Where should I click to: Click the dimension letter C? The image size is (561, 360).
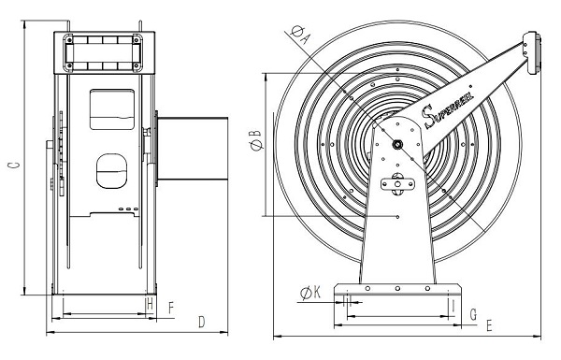point(14,165)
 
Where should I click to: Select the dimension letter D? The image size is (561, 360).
point(202,322)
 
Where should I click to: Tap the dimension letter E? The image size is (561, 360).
point(489,326)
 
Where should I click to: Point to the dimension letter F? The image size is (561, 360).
point(171,308)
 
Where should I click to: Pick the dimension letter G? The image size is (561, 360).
point(473,314)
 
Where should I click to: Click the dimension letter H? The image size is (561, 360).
point(151,305)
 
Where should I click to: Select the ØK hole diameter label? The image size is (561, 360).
point(310,293)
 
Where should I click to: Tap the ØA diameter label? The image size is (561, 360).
point(300,34)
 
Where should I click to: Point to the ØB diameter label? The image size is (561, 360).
point(256,140)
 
